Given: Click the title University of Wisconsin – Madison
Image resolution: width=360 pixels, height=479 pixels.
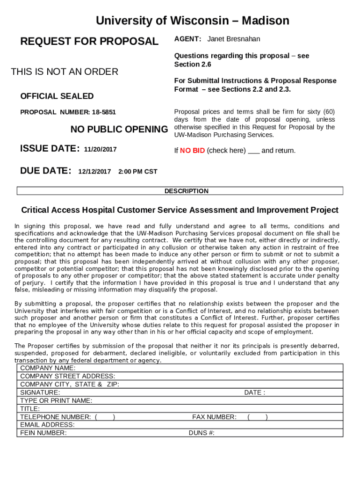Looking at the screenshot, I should [x=192, y=21].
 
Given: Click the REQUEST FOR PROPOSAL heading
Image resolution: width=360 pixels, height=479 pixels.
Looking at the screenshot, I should [x=89, y=42].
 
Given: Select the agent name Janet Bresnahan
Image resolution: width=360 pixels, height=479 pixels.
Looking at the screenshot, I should [x=234, y=39].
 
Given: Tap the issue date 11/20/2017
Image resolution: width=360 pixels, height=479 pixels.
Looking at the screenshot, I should [x=100, y=150].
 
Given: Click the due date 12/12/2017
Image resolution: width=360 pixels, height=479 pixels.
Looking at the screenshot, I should [x=94, y=172].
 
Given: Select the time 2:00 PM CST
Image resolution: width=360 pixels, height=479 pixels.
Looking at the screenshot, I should [x=137, y=172].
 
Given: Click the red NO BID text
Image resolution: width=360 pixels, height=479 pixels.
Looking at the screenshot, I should [x=192, y=151].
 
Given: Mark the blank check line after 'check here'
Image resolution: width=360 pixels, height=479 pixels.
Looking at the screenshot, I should [x=253, y=152].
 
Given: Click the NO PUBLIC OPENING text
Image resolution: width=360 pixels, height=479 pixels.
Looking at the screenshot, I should [x=119, y=129].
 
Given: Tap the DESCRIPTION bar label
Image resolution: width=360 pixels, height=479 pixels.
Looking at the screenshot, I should [x=186, y=191].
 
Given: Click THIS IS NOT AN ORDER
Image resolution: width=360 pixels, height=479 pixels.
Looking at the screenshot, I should [x=65, y=72].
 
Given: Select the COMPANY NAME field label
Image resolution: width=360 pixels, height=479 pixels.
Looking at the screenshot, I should [x=48, y=368].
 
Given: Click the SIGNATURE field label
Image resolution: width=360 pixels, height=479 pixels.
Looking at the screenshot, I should [x=40, y=392].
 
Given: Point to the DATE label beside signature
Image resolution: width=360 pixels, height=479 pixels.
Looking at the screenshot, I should [x=254, y=392].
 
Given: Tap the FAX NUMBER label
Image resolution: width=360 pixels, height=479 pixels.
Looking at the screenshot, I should [x=214, y=417].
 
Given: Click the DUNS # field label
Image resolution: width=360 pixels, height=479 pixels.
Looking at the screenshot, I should [x=202, y=433].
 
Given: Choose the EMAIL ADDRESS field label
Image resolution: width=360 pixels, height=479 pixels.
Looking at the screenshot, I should [x=47, y=425].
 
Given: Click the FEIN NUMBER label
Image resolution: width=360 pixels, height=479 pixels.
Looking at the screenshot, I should [x=43, y=433].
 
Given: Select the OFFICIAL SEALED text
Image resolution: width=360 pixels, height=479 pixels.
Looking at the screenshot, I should [x=57, y=96].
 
